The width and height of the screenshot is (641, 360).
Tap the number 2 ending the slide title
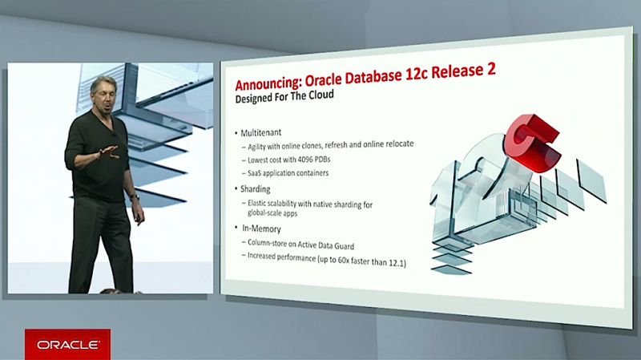[490, 69]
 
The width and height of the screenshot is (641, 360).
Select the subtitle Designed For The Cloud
[284, 96]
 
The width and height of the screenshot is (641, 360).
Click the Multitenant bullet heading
[261, 132]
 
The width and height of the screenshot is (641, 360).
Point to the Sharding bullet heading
[255, 189]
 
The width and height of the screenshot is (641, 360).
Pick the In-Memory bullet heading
[261, 229]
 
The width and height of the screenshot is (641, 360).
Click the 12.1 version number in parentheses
[397, 263]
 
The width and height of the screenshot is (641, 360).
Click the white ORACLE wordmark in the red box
[68, 345]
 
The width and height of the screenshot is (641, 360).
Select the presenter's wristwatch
[135, 196]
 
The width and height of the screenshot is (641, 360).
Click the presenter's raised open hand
[108, 152]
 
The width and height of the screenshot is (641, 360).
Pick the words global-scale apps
[272, 212]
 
